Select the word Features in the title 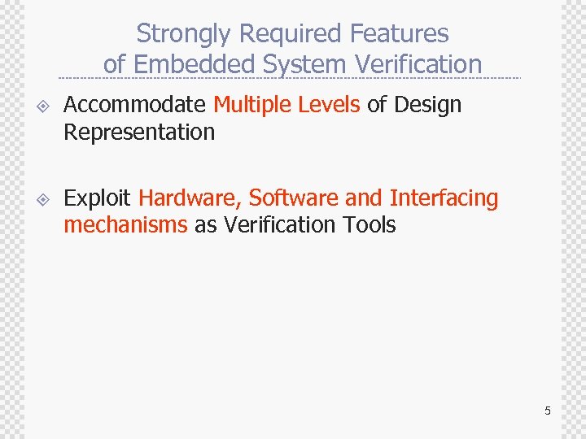click(x=400, y=34)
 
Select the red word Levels click(x=329, y=105)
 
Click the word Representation click(x=139, y=133)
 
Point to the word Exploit click(x=98, y=198)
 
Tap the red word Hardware click(x=190, y=198)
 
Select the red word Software click(x=294, y=198)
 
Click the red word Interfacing click(x=444, y=198)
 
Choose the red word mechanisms click(x=125, y=225)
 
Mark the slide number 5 click(x=548, y=411)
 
